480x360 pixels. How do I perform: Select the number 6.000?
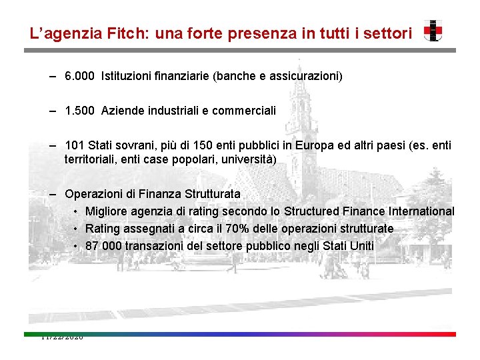pos(80,76)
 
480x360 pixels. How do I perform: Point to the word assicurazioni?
pos(307,76)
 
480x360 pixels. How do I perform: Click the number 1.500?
pos(80,110)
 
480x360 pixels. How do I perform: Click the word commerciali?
pos(243,110)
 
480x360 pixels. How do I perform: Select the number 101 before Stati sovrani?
pos(73,145)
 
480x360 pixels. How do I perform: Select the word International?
pos(418,211)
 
